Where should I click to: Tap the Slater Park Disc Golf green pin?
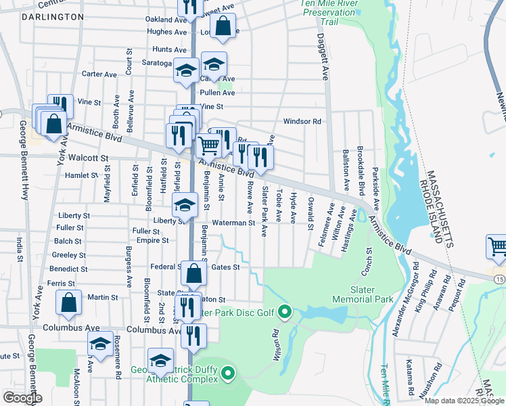(x=285, y=312)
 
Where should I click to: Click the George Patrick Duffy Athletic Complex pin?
(x=228, y=372)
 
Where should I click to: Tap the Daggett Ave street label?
(x=323, y=58)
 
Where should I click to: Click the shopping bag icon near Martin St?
(x=69, y=302)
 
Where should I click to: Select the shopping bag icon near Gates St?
(x=193, y=273)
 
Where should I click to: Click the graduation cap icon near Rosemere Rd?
(x=100, y=344)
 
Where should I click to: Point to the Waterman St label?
(x=232, y=222)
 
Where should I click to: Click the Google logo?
(x=22, y=398)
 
